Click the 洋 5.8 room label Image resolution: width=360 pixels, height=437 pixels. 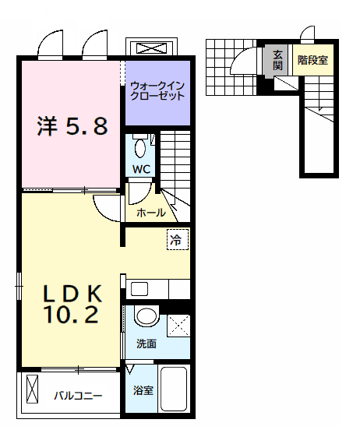72,126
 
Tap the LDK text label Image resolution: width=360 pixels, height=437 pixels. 72,294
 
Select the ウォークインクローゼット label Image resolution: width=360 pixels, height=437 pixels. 157,90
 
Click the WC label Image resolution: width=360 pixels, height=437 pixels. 141,169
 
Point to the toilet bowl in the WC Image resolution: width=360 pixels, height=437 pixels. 140,148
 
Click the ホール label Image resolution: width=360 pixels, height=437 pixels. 151,213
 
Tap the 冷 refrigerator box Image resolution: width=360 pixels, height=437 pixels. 178,239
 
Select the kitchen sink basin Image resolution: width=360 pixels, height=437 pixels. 139,289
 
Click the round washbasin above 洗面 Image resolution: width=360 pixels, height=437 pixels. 146,315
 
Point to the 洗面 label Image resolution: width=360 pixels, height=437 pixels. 146,344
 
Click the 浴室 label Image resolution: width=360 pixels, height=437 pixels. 143,390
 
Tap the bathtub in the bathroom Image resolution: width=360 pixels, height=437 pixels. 174,389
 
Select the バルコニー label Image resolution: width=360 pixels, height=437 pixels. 78,396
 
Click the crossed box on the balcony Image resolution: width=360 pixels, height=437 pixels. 32,389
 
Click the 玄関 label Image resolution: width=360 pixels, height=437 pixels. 277,60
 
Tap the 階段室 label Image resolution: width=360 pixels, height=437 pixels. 312,60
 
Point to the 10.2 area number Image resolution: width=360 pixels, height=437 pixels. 71,315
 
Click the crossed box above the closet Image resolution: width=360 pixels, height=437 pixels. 151,48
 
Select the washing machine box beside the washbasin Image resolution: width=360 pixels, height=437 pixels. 178,326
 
